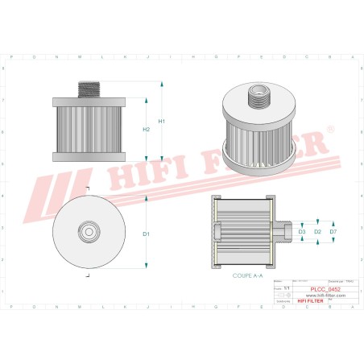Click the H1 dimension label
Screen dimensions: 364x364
click(162, 121)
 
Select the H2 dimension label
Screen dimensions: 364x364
click(146, 129)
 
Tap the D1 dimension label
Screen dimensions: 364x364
click(146, 234)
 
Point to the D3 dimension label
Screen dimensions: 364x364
click(302, 232)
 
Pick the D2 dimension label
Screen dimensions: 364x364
click(317, 232)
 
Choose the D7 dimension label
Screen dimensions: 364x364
click(333, 232)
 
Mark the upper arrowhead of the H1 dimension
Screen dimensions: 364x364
click(162, 84)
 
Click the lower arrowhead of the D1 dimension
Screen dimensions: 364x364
click(146, 264)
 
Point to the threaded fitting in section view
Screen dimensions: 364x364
click(283, 231)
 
